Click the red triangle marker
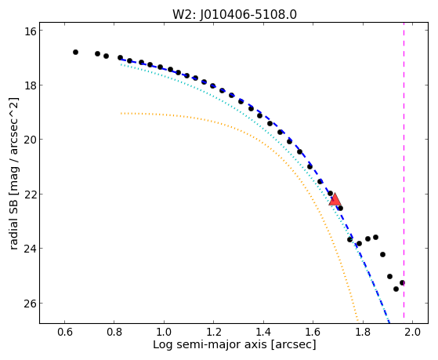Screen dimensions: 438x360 [x=335, y=199]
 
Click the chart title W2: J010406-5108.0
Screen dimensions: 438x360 [x=234, y=14]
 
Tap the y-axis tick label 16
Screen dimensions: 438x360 [x=31, y=31]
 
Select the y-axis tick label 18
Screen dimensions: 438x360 [x=31, y=85]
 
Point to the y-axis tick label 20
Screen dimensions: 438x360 [x=31, y=140]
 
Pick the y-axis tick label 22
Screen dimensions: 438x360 [x=31, y=195]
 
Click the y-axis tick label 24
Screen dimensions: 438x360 [x=31, y=249]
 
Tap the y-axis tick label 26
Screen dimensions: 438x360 [x=31, y=304]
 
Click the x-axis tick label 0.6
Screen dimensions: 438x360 [x=65, y=332]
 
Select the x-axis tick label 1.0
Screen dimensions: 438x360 [x=164, y=332]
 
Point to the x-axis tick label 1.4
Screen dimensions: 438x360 [x=263, y=332]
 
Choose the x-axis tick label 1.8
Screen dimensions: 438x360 [x=363, y=332]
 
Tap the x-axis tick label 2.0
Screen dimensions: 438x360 [x=412, y=332]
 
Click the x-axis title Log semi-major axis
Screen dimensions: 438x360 [x=210, y=345]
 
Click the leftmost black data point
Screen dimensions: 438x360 [x=75, y=52]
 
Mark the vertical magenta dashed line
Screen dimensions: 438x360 [x=404, y=173]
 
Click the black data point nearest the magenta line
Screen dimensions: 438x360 [x=402, y=283]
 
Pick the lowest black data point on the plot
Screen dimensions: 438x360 [x=396, y=289]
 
